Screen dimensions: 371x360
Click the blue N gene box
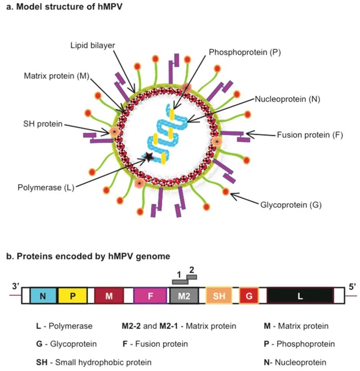(44, 295)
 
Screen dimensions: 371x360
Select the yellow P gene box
(73, 295)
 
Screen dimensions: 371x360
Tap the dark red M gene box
(109, 295)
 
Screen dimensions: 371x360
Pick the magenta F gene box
(150, 295)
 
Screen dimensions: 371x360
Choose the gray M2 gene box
(184, 295)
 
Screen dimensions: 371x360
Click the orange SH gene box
(219, 295)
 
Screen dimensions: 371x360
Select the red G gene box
(249, 295)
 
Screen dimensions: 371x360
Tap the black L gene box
(300, 295)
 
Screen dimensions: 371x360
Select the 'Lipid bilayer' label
(92, 45)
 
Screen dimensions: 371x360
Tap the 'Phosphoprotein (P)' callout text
(245, 53)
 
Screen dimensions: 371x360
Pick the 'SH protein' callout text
(43, 125)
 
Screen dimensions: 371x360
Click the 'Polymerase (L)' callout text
(45, 187)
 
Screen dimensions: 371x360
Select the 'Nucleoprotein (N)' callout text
(287, 99)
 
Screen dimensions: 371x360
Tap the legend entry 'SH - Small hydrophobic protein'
(94, 362)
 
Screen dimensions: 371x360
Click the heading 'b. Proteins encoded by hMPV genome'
(88, 256)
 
